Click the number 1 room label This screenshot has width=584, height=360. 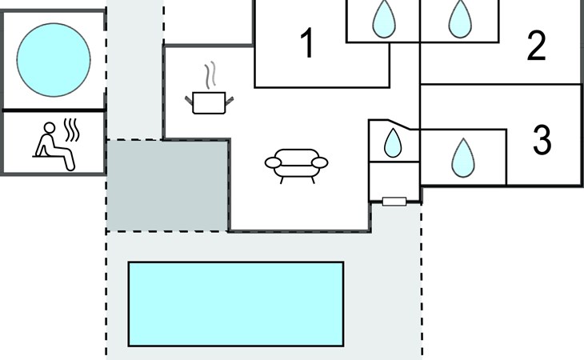coord(306,44)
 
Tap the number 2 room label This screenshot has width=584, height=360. coord(536,47)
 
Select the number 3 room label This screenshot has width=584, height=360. coord(542,141)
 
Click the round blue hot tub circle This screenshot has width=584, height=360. coord(54,58)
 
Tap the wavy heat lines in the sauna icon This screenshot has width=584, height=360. coord(72,130)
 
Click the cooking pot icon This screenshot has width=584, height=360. coord(210,102)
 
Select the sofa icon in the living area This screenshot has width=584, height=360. coord(296,164)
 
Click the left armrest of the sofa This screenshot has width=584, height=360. coord(274,162)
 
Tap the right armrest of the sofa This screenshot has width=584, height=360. coord(319,162)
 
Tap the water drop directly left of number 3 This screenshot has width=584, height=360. coord(462,157)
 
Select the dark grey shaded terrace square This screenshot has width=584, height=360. coord(167,186)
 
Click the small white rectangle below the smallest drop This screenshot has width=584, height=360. coord(394,202)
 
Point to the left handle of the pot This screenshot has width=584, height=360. coord(190,99)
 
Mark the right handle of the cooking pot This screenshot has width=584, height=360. coord(230,99)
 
